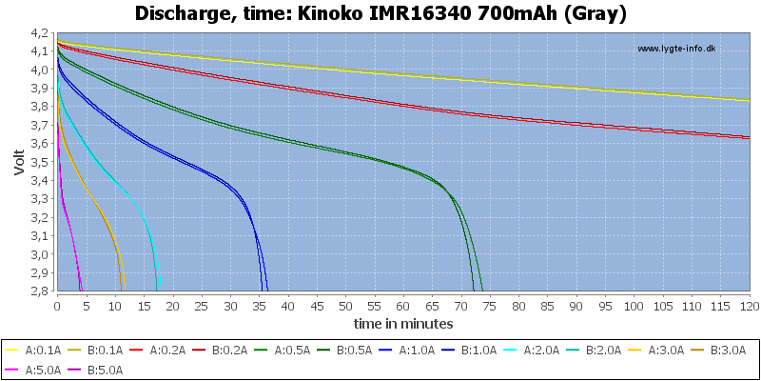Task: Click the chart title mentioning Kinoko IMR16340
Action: click(380, 13)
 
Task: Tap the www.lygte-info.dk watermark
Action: click(676, 49)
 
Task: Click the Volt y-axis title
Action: click(19, 161)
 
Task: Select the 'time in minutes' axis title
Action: click(403, 323)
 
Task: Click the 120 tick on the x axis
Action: click(749, 306)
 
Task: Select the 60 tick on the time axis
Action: click(403, 306)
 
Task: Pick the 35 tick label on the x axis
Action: click(259, 306)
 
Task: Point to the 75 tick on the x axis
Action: click(490, 306)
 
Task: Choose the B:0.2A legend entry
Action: click(220, 350)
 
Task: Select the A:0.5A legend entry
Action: click(282, 350)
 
